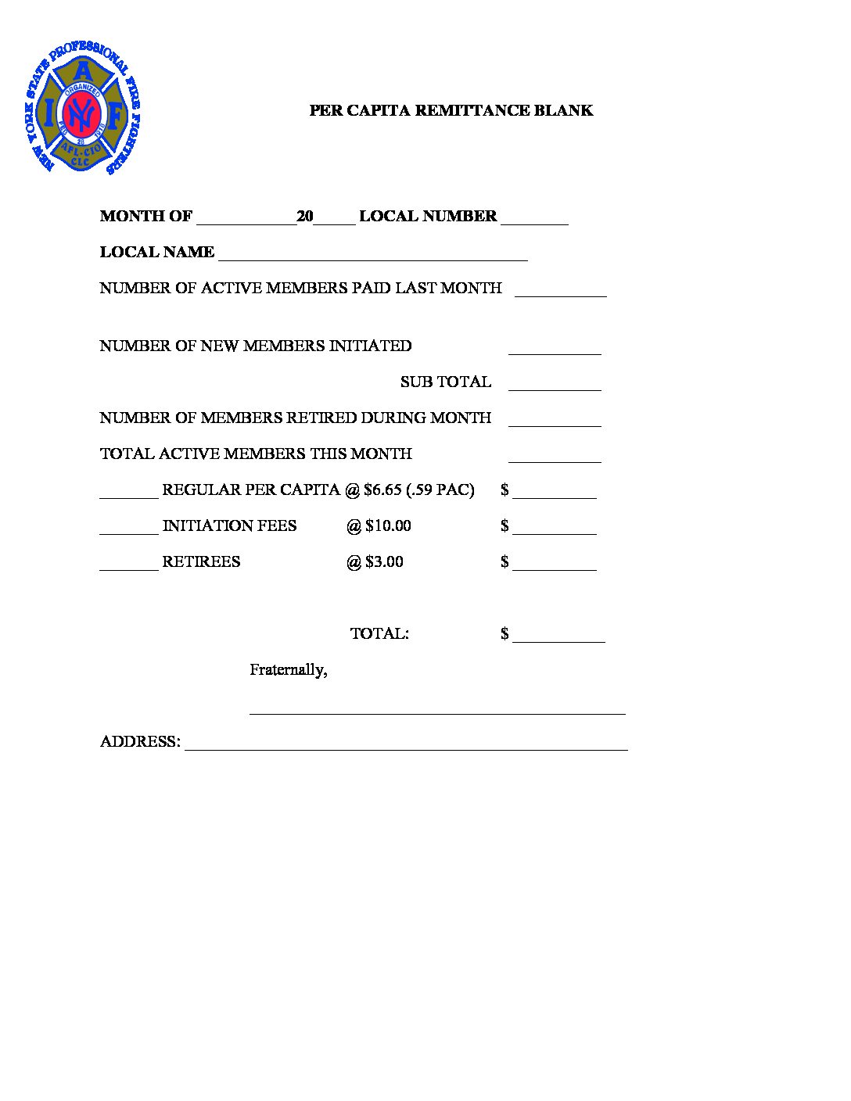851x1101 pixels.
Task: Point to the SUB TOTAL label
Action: click(446, 382)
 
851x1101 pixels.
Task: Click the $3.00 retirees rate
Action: click(384, 561)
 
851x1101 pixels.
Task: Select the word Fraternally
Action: click(288, 669)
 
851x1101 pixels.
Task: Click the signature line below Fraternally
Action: click(437, 711)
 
